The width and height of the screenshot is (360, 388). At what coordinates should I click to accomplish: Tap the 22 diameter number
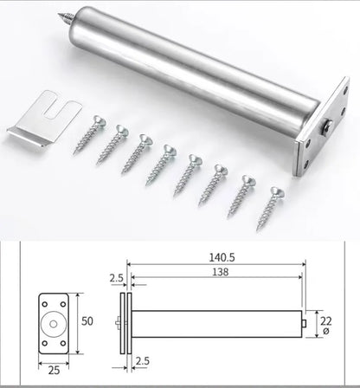click(x=325, y=320)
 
